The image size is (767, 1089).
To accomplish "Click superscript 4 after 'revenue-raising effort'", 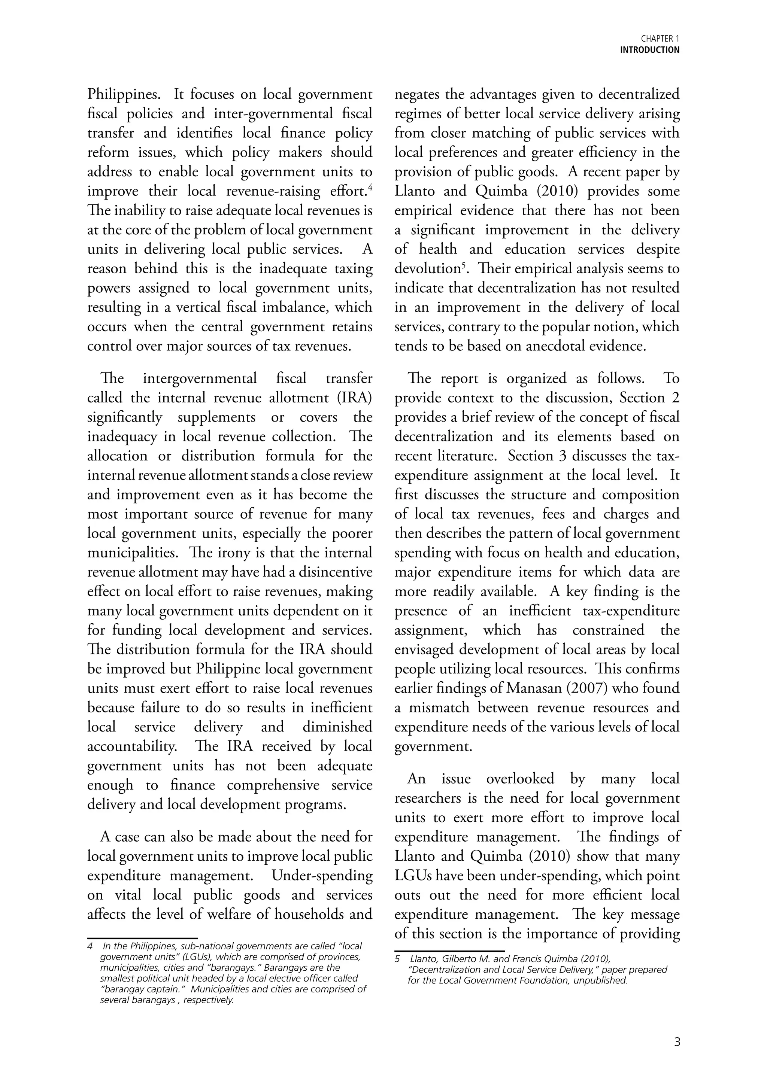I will (x=370, y=187).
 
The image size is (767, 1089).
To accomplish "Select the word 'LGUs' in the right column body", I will (x=413, y=876).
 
